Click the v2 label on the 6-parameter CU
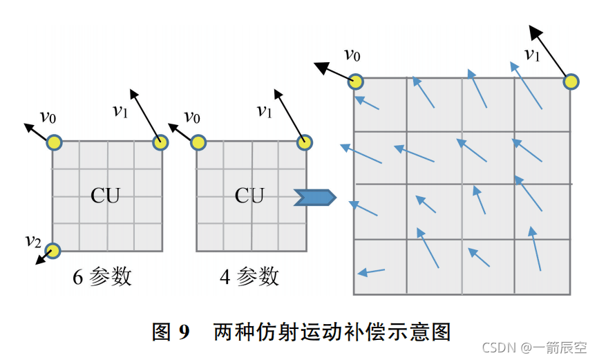pos(32,241)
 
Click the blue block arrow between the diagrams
pos(315,198)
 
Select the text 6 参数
pos(102,277)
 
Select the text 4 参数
pos(249,277)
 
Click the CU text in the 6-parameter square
pos(106,196)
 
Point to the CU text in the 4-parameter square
pos(250,196)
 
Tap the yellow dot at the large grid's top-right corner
pos(571,82)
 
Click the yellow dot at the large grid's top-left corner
pos(355,82)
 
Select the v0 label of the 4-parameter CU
pos(193,117)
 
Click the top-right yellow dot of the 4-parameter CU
pos(303,142)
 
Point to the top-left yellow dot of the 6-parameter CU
pos(55,143)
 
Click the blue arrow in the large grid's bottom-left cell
pos(371,271)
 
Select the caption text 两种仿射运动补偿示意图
pos(332,332)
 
